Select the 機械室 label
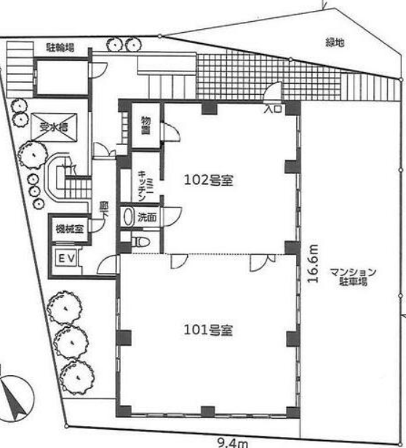(x=68, y=229)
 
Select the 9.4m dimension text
(x=233, y=441)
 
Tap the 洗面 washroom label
(x=146, y=216)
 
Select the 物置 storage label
(x=146, y=125)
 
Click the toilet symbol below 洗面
(x=141, y=240)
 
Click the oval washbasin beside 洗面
(x=130, y=216)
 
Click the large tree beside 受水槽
(x=32, y=154)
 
